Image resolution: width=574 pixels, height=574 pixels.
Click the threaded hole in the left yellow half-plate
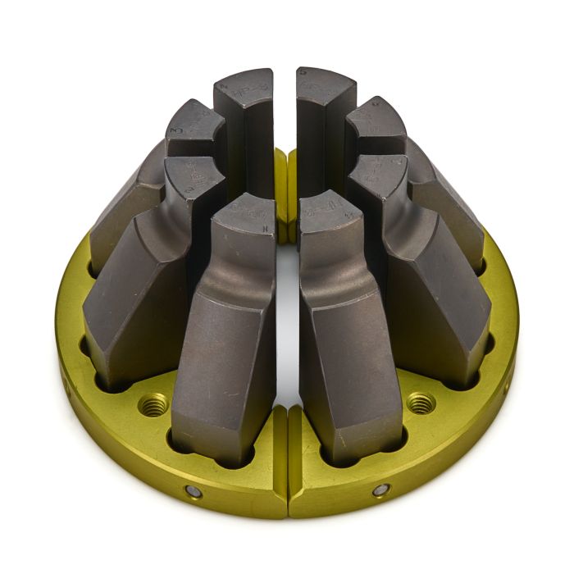tap(154, 403)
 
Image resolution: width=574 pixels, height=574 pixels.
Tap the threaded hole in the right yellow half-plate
tap(421, 402)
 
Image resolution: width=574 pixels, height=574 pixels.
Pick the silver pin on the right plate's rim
tap(381, 490)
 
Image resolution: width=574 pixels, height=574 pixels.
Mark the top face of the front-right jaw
tap(328, 210)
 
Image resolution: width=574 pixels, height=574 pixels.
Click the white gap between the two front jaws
tap(287, 328)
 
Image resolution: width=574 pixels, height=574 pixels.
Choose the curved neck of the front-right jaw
tap(334, 272)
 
